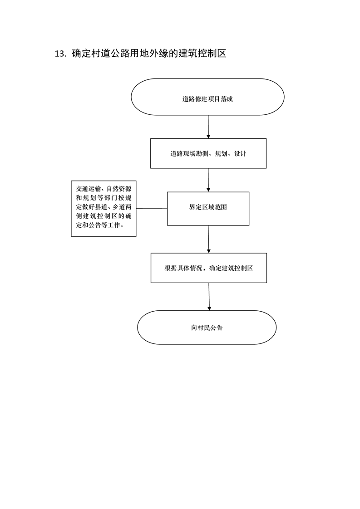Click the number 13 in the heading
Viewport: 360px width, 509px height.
coord(60,54)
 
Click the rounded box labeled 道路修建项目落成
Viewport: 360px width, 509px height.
coord(207,97)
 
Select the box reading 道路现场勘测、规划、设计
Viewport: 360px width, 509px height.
coord(208,153)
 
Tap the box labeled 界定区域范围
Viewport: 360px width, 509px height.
coord(208,209)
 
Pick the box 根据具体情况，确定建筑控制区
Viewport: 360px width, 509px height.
coord(208,268)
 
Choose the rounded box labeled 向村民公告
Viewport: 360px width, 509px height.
coord(207,328)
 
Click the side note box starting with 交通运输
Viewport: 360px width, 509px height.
coord(104,208)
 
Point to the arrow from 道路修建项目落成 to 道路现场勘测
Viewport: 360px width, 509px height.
coord(208,127)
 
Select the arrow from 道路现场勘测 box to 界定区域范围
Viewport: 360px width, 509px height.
coord(208,180)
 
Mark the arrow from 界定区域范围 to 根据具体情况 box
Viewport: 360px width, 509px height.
coord(208,239)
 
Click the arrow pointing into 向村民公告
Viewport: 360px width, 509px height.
coord(209,297)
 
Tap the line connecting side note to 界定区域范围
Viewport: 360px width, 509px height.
coord(152,209)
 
